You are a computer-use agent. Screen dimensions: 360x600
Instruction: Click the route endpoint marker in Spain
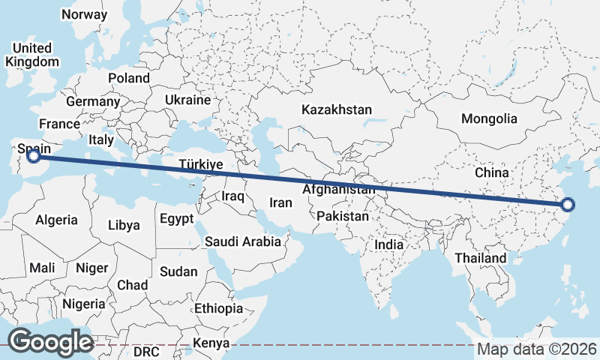33,156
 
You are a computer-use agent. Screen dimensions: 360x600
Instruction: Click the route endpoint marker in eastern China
568,204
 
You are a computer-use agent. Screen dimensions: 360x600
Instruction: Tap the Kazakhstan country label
337,109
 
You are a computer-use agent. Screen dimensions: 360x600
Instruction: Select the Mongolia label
489,118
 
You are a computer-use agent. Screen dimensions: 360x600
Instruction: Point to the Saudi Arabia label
242,241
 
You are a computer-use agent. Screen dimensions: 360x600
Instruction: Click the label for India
388,244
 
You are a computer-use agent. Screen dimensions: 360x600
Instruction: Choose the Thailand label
480,258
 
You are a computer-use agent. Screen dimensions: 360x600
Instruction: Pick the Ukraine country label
188,100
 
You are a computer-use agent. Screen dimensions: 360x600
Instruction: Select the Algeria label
57,220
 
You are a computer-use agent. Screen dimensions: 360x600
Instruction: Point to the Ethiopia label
218,308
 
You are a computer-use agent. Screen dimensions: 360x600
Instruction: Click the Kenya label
211,343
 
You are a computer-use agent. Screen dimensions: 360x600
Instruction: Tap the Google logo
50,342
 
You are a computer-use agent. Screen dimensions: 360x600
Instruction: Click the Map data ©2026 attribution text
536,349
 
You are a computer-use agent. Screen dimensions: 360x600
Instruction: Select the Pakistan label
343,216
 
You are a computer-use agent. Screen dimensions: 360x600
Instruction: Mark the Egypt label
176,219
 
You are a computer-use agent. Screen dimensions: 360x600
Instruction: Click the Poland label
129,78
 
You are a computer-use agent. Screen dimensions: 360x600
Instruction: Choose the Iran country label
280,202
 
